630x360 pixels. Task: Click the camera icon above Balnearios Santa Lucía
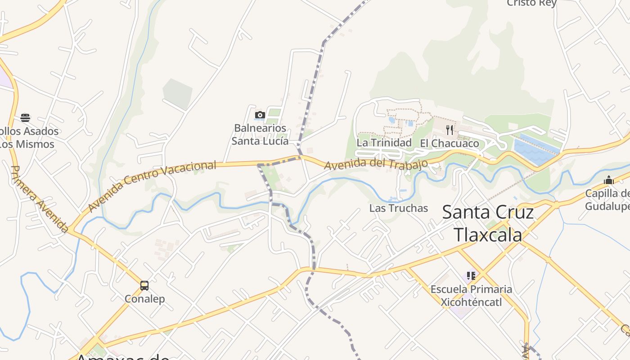tap(260, 115)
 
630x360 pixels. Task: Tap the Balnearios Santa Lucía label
tap(260, 135)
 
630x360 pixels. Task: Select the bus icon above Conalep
tap(144, 286)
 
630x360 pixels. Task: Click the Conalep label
tap(145, 299)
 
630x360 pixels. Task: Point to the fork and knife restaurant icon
tap(450, 130)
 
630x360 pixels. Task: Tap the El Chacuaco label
tap(450, 144)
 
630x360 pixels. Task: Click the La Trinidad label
tap(384, 143)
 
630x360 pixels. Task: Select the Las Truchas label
tap(398, 208)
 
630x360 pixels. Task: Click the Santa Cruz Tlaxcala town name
tap(488, 223)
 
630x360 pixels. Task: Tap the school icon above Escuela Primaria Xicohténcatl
tap(471, 275)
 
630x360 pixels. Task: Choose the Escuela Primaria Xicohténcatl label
tap(471, 295)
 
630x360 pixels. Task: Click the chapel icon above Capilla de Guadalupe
tap(609, 180)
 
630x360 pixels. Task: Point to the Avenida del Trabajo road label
tap(376, 164)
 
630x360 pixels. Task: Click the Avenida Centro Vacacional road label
tap(152, 186)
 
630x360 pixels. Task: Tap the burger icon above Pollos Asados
tap(25, 118)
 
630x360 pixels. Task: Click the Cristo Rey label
tap(531, 3)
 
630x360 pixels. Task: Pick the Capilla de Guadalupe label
tap(608, 200)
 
